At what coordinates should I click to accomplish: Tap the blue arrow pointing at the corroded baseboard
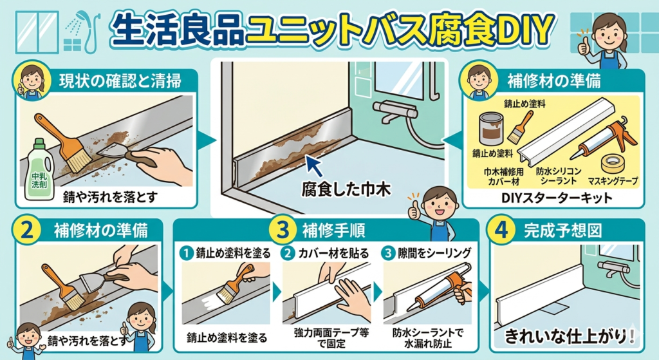[x=314, y=166]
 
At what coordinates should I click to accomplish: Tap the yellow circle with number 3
[x=284, y=230]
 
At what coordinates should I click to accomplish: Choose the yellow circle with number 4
[x=501, y=231]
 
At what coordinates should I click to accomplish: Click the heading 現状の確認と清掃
[x=120, y=81]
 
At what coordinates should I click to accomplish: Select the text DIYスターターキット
[x=557, y=198]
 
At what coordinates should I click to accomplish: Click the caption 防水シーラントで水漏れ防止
[x=427, y=338]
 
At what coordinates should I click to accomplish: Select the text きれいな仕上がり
[x=566, y=336]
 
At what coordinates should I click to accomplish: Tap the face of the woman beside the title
[x=609, y=33]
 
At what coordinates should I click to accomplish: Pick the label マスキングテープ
[x=613, y=181]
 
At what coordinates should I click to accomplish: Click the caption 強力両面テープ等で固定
[x=331, y=338]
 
